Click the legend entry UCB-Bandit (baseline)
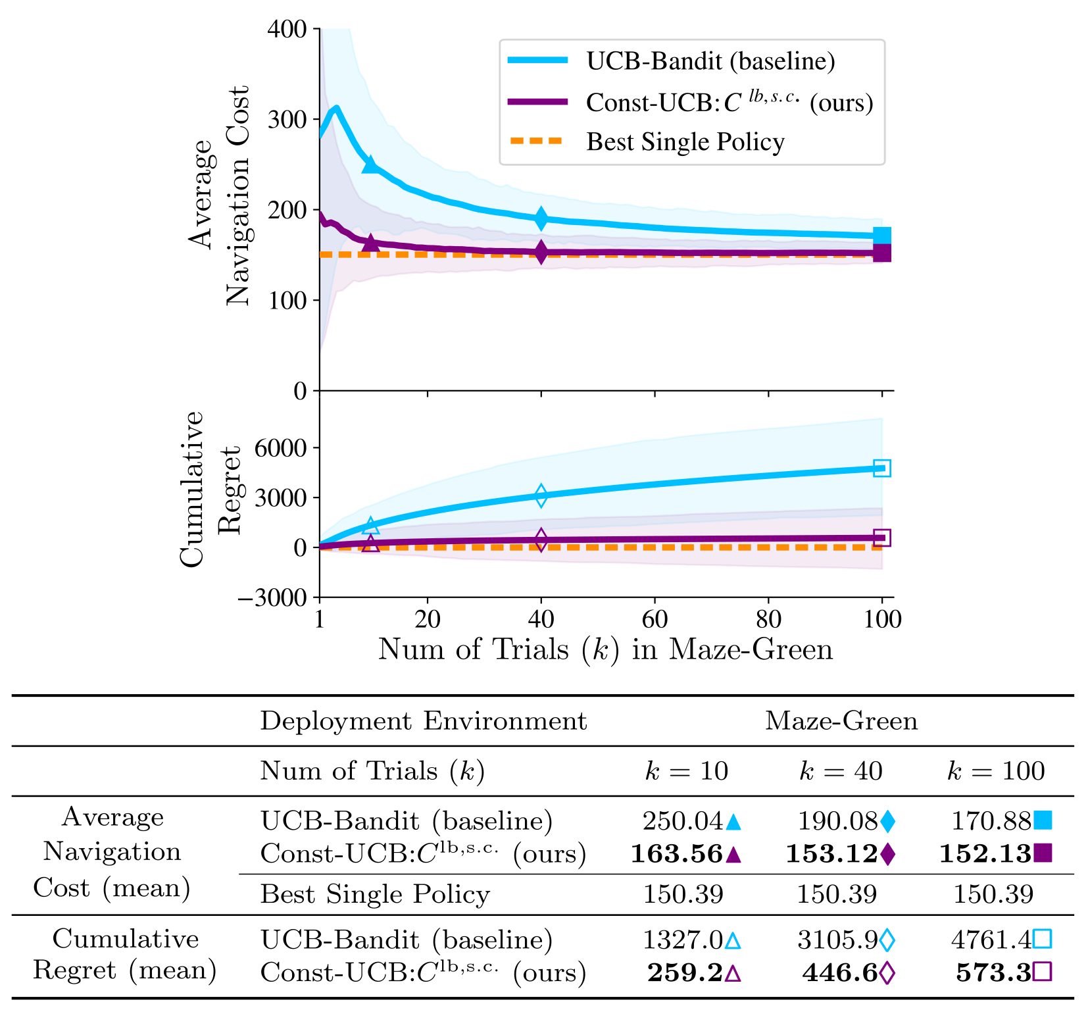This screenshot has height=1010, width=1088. [x=710, y=61]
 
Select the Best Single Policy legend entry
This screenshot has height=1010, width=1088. [x=685, y=142]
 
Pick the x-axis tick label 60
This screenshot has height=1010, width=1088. [x=654, y=619]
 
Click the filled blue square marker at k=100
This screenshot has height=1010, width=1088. [x=881, y=236]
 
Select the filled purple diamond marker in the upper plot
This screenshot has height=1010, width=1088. [x=541, y=251]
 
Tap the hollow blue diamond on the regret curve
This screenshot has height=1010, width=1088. [x=541, y=495]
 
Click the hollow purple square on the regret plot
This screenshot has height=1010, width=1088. [x=881, y=538]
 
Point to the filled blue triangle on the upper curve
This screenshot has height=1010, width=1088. [x=371, y=164]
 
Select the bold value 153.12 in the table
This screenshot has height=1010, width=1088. [x=831, y=854]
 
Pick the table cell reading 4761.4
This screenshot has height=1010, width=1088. [x=991, y=940]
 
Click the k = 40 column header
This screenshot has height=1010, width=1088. [x=840, y=771]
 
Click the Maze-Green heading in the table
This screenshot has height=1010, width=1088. [x=841, y=721]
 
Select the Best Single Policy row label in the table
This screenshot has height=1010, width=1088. [x=375, y=895]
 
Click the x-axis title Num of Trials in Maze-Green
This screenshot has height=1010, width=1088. [x=605, y=650]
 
